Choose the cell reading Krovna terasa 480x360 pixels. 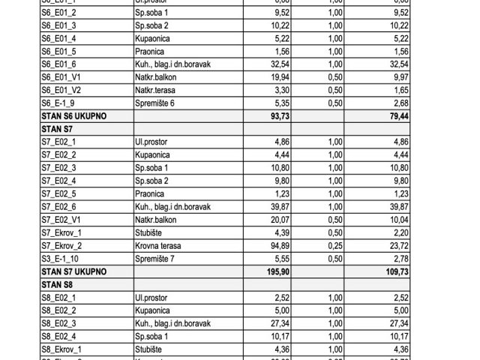[x=159, y=245]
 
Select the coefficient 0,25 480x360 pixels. [x=346, y=245]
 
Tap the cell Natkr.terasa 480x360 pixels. [x=157, y=89]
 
